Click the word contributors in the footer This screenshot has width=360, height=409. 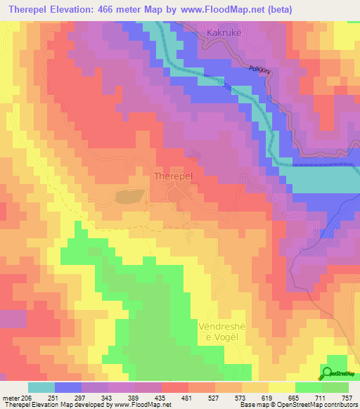(x=340, y=405)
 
